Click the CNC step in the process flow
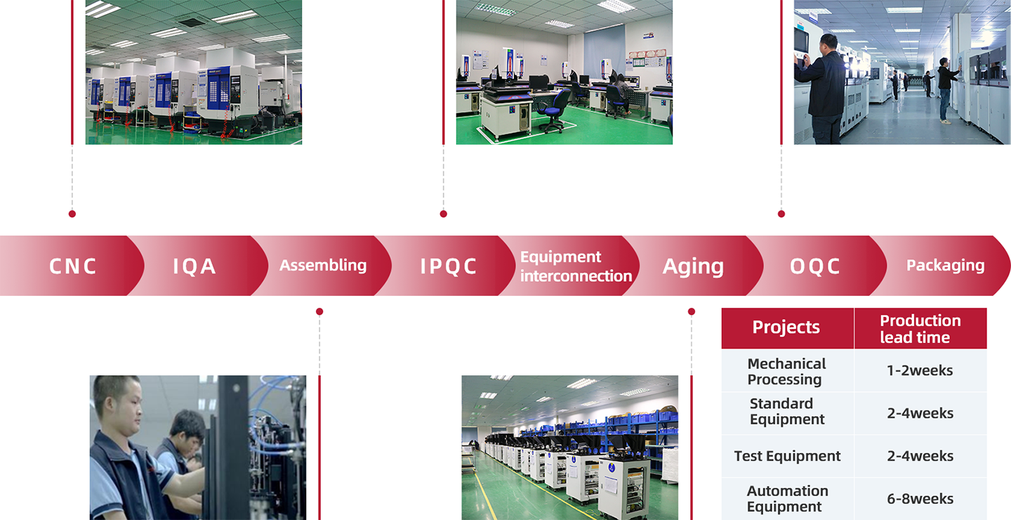[x=73, y=266]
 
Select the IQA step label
[x=194, y=266]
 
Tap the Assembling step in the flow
[x=323, y=265]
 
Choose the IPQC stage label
[x=448, y=266]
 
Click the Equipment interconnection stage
[x=576, y=266]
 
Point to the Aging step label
[x=693, y=266]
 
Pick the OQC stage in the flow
[x=814, y=266]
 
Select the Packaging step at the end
[x=946, y=266]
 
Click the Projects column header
[x=786, y=327]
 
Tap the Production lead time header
[x=920, y=328]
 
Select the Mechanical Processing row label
[x=786, y=371]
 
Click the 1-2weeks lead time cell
[x=920, y=370]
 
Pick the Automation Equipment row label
[x=787, y=499]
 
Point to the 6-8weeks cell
[x=920, y=499]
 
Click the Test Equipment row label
[x=787, y=456]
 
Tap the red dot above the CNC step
[x=72, y=214]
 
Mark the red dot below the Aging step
[x=692, y=312]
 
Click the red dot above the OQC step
[x=781, y=214]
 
